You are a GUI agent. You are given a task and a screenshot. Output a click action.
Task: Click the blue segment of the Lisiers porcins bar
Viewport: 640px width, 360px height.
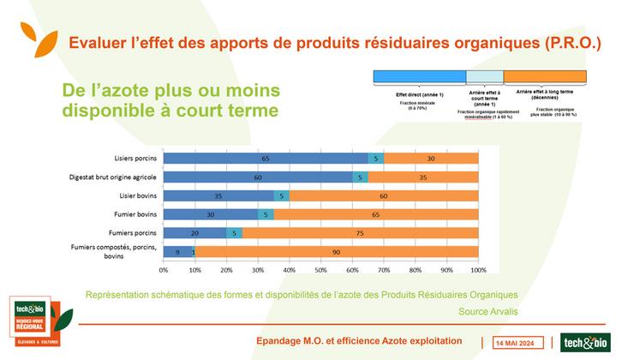pyautogui.click(x=266, y=159)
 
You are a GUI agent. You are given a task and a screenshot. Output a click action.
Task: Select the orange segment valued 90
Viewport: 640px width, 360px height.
pyautogui.click(x=337, y=251)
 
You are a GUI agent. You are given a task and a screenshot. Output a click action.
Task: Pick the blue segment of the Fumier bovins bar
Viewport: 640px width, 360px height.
pyautogui.click(x=211, y=214)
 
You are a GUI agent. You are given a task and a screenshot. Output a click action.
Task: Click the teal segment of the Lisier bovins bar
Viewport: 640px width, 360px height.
pyautogui.click(x=282, y=195)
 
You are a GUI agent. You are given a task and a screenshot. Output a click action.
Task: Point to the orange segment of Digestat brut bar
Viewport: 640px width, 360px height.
pyautogui.click(x=422, y=177)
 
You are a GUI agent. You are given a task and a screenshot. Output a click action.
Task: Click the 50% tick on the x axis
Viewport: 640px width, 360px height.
pyautogui.click(x=320, y=269)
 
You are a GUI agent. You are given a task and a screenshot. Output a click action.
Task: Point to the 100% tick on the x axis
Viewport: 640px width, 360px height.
pyautogui.click(x=477, y=269)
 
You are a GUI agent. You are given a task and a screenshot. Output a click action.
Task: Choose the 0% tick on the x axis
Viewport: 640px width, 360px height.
pyautogui.click(x=164, y=269)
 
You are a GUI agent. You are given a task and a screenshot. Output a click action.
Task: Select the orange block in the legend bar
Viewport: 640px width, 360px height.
pyautogui.click(x=545, y=76)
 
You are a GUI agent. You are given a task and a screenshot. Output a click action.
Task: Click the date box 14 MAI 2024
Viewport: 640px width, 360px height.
pyautogui.click(x=517, y=341)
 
